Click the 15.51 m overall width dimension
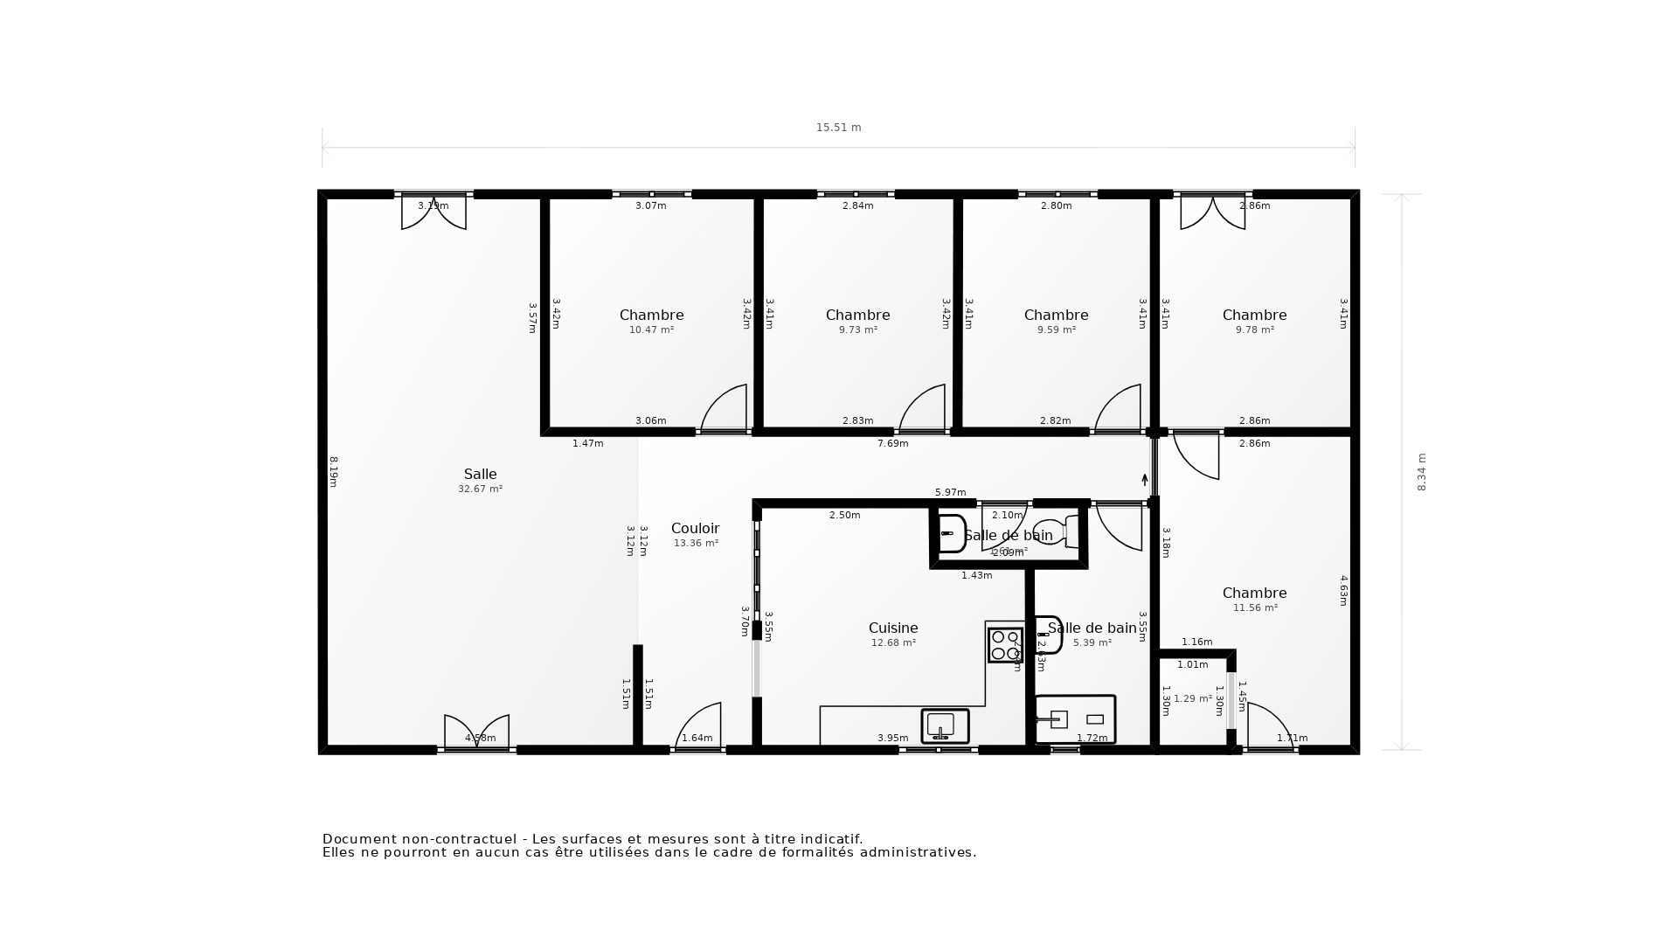click(x=838, y=128)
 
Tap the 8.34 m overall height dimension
click(x=1421, y=472)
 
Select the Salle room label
click(x=480, y=475)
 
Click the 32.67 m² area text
click(x=480, y=489)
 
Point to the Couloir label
click(x=695, y=529)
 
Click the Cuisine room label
click(x=892, y=628)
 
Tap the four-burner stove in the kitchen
click(x=1005, y=645)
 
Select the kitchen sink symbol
click(x=944, y=725)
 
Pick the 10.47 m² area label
click(x=651, y=330)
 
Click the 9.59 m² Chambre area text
click(x=1056, y=330)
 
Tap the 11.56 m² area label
click(x=1254, y=608)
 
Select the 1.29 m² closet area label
click(x=1192, y=699)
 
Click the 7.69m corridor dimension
click(x=892, y=444)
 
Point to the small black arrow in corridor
click(x=1145, y=480)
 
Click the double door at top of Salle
click(x=433, y=212)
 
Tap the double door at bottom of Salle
click(x=476, y=732)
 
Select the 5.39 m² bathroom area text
click(x=1092, y=643)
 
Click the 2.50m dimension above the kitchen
click(x=844, y=516)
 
